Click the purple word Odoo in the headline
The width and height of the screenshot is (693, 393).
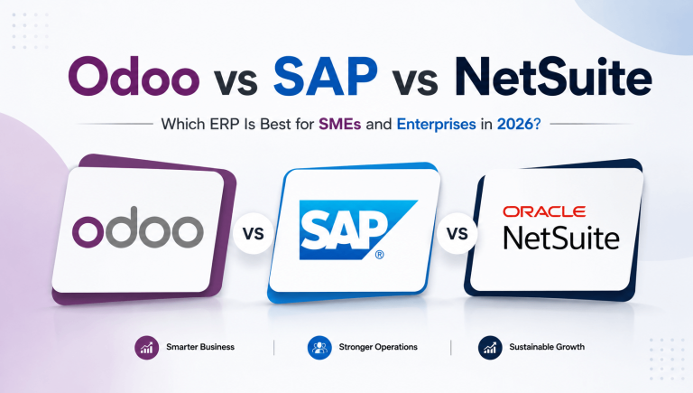(134, 75)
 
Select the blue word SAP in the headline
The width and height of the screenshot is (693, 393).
(326, 76)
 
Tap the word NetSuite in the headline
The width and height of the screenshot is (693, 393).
(553, 76)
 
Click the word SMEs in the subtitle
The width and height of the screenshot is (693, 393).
(340, 124)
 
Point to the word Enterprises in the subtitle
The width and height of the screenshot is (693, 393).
(436, 125)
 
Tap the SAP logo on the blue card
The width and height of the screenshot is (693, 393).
(358, 229)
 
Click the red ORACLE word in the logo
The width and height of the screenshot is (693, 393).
(544, 211)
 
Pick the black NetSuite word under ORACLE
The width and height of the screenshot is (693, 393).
(561, 239)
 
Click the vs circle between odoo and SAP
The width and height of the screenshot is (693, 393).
(254, 233)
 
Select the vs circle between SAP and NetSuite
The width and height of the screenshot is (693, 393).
(457, 233)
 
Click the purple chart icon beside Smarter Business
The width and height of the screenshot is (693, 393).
(147, 348)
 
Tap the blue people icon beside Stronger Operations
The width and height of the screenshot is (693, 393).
(319, 348)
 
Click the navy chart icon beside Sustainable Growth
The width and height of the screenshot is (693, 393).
(490, 348)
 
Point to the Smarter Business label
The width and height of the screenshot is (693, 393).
(200, 347)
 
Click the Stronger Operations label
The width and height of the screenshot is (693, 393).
(378, 347)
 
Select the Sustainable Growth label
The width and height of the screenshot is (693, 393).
(547, 347)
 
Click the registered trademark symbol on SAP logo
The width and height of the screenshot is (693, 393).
(379, 255)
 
